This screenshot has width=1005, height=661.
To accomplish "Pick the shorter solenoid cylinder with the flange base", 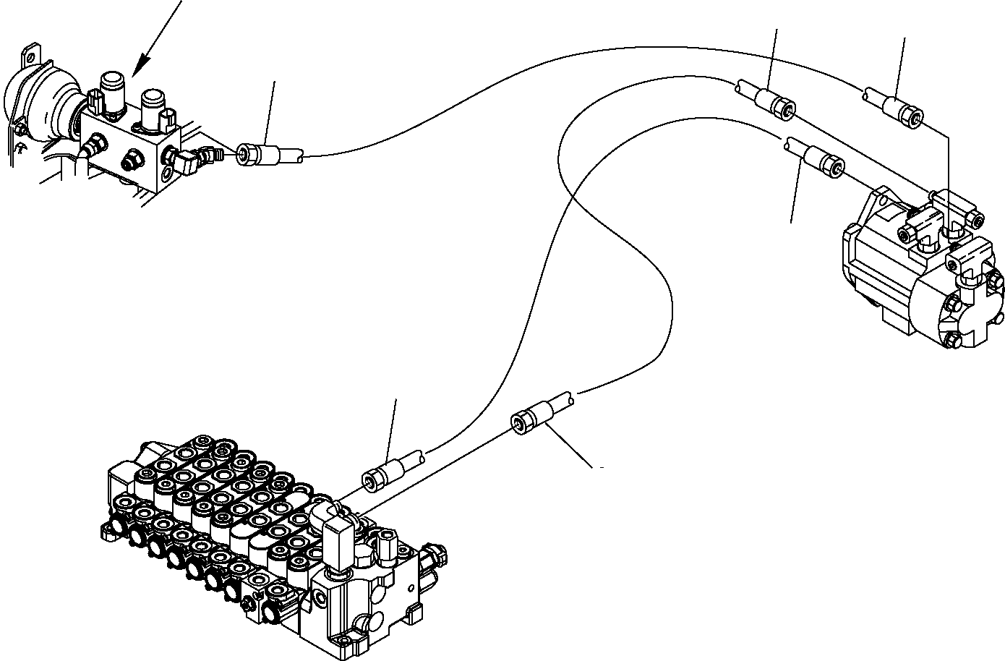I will (x=153, y=108).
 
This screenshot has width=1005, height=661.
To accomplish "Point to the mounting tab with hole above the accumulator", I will (x=30, y=56).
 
